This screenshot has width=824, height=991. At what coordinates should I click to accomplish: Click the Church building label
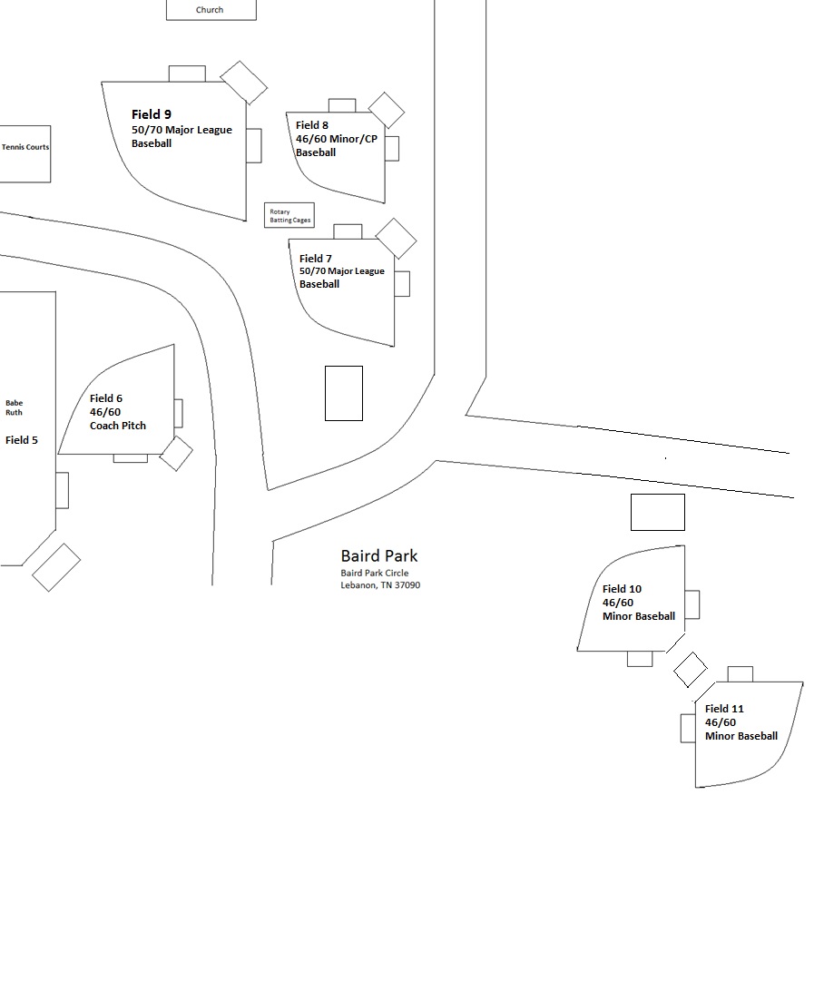(x=210, y=10)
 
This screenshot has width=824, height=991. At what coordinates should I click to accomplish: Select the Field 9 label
(x=152, y=114)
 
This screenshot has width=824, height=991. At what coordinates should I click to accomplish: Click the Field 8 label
(x=312, y=125)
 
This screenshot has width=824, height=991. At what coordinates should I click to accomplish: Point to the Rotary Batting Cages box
(x=289, y=215)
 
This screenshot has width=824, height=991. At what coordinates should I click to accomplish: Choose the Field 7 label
(x=316, y=259)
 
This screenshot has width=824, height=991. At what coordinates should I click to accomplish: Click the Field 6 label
(x=106, y=398)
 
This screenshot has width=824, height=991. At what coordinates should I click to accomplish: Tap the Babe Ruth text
(x=15, y=407)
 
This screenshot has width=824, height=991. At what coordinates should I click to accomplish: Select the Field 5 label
(x=22, y=440)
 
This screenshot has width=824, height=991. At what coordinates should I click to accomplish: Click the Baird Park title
(x=379, y=555)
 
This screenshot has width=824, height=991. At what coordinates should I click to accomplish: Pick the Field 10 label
(x=622, y=589)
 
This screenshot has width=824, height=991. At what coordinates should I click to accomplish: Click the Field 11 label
(x=724, y=709)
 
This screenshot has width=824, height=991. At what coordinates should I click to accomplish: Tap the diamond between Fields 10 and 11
(x=691, y=670)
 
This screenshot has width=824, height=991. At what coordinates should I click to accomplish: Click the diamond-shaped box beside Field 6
(x=176, y=454)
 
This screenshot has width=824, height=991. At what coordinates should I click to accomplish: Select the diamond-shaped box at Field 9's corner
(x=244, y=83)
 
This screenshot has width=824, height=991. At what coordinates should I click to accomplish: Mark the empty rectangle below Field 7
(x=344, y=393)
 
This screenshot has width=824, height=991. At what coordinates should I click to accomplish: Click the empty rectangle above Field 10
(x=658, y=512)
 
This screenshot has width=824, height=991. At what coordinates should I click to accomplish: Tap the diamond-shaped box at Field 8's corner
(x=387, y=110)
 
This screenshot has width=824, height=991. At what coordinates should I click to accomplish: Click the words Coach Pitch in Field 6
(x=118, y=426)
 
